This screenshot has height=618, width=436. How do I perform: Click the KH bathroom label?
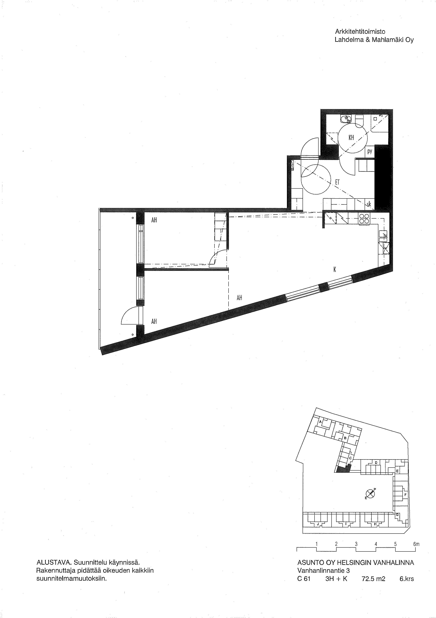pos(351,138)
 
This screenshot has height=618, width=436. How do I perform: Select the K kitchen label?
pos(335,269)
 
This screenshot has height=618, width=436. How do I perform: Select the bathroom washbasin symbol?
pos(346,119)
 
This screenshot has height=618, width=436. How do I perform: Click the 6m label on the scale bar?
pos(416,544)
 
